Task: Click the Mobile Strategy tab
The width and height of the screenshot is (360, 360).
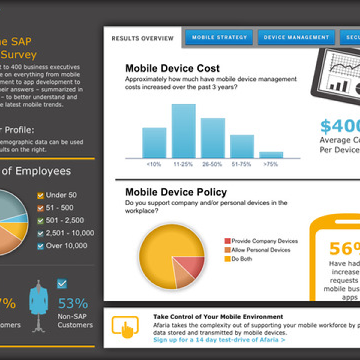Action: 219,37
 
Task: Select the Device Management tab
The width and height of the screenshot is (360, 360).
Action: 296,37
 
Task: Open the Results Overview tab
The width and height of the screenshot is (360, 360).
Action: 142,38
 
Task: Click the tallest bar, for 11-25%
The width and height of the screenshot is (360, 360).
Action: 184,131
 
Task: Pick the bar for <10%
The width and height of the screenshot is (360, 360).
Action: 154,143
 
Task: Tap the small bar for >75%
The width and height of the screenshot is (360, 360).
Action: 271,155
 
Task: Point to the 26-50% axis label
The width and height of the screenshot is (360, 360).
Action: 212,164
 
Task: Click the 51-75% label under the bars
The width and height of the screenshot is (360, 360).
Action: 241,164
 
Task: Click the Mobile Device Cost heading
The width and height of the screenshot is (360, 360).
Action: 172,68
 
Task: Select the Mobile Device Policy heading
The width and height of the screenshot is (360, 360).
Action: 176,192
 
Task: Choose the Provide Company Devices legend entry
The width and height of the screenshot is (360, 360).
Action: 261,241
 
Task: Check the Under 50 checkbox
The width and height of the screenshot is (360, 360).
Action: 40,196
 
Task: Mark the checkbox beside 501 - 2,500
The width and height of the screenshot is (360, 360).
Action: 40,221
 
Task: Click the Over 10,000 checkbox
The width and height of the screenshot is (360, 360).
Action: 40,246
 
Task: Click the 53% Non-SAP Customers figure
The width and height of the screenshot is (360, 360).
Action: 73,304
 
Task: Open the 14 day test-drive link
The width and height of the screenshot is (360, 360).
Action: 219,340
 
